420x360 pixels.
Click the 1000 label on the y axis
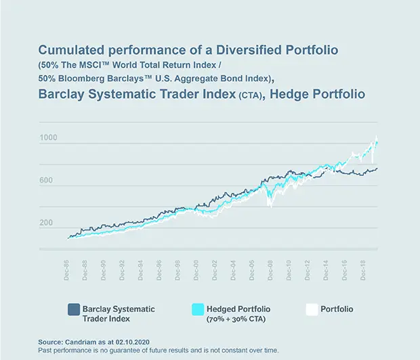click(49, 138)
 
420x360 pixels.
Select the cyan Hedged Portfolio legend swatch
click(198, 309)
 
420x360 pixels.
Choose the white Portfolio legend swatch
click(312, 309)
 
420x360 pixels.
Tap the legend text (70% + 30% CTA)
click(236, 319)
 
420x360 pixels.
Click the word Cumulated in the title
click(69, 50)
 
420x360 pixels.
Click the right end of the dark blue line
click(377, 168)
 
